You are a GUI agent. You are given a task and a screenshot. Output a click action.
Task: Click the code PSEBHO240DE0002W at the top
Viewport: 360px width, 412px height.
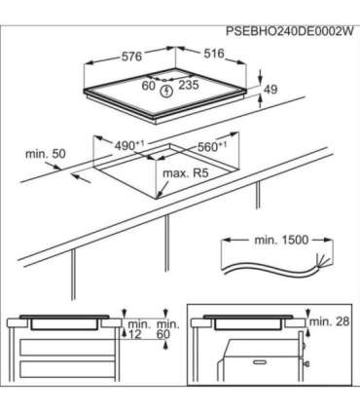(x=289, y=31)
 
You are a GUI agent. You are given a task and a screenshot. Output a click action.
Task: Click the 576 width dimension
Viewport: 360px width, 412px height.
(x=131, y=56)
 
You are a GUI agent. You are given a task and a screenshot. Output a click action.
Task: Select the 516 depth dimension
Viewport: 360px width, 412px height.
(x=214, y=54)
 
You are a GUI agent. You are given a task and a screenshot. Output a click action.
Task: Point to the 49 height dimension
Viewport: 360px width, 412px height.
(x=270, y=89)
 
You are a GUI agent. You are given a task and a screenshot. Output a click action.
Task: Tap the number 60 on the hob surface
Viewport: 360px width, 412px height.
(x=149, y=86)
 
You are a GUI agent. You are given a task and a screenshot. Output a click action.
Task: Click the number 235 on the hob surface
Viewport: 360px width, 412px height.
(x=189, y=85)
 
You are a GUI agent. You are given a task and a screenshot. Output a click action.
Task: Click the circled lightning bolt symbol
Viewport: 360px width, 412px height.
(x=166, y=91)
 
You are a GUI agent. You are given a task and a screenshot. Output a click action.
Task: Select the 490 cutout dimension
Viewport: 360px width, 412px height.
(x=129, y=145)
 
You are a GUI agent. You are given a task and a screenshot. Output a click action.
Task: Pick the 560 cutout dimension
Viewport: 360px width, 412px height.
(x=212, y=147)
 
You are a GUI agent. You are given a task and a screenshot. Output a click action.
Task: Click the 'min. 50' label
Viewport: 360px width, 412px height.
(x=46, y=154)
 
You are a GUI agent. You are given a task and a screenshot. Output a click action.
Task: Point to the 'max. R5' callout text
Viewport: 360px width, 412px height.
(x=185, y=173)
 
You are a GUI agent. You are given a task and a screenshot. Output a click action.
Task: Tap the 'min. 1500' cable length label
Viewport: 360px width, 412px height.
(x=281, y=241)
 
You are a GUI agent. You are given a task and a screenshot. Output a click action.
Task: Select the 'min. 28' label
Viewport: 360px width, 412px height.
(x=329, y=321)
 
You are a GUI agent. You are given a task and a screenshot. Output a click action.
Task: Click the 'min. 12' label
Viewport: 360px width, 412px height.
(x=139, y=329)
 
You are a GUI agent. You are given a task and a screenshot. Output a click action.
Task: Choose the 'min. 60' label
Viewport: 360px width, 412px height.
(x=168, y=329)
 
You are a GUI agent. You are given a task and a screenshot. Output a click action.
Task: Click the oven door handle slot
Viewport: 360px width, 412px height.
(x=262, y=361)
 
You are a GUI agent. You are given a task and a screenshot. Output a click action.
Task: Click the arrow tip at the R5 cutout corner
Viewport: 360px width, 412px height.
(x=157, y=198)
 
